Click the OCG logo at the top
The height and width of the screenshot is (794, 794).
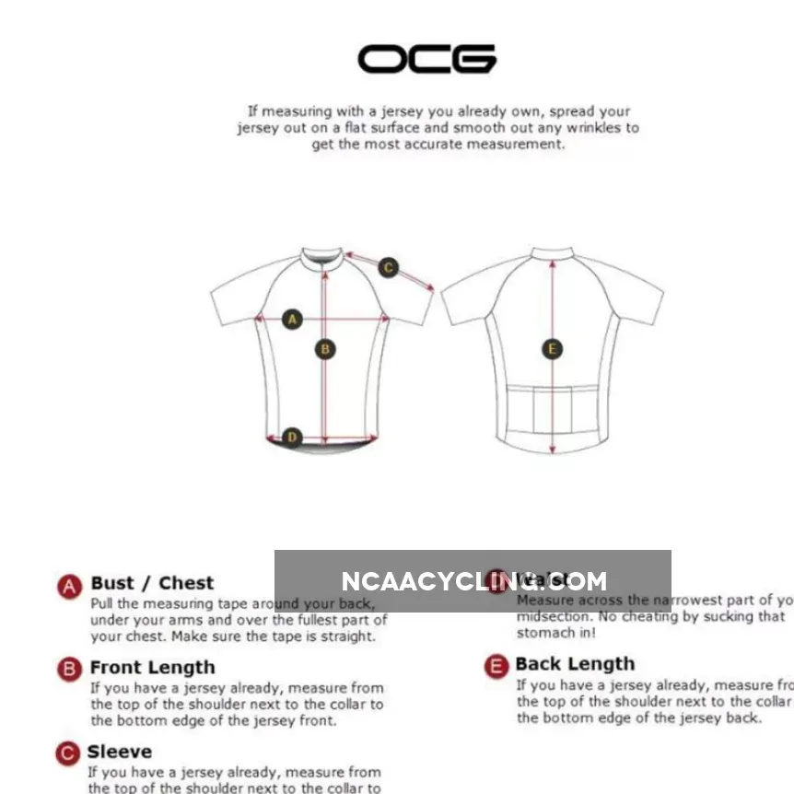click(x=426, y=59)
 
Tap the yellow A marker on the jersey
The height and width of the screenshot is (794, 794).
click(x=292, y=320)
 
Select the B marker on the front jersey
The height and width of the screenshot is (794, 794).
click(x=324, y=349)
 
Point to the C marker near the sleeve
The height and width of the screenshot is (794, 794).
click(x=389, y=268)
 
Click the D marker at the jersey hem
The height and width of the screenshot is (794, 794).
click(x=292, y=437)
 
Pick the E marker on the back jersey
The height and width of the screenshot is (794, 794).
click(x=553, y=349)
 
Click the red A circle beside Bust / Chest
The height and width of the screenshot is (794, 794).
click(x=70, y=586)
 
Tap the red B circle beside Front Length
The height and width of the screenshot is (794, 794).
click(x=70, y=669)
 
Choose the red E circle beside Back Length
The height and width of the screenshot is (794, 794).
click(x=496, y=666)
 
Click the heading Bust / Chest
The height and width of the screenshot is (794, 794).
click(x=152, y=583)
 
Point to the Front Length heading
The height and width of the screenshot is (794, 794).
click(x=153, y=667)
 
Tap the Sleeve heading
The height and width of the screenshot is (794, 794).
click(x=120, y=752)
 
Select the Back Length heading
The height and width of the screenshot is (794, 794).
click(x=575, y=664)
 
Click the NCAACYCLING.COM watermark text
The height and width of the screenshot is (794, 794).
click(x=473, y=581)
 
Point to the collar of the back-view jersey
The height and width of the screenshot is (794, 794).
click(x=552, y=251)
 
